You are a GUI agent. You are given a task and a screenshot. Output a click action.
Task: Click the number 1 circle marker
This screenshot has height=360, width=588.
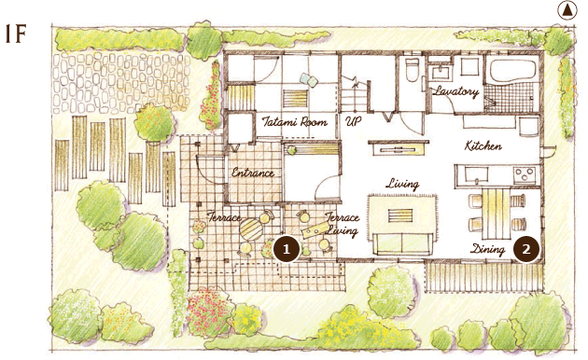click(287, 249)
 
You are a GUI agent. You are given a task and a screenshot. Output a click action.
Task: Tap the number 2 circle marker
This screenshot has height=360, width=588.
click(526, 249)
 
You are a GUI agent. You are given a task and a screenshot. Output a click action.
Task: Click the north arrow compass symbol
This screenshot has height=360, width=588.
click(567, 10)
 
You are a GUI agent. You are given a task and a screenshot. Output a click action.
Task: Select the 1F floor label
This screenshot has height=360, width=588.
click(16, 34)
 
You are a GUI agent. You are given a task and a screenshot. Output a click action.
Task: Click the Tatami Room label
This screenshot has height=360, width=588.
click(294, 122)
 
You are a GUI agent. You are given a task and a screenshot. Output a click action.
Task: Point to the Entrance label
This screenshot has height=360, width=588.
click(253, 173)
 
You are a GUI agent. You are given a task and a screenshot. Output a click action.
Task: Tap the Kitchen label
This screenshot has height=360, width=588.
click(483, 145)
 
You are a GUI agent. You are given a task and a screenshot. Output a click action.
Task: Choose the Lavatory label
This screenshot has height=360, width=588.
click(456, 91)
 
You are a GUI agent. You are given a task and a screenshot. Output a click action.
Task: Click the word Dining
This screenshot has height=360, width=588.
click(487, 250)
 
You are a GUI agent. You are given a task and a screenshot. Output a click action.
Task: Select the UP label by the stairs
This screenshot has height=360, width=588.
click(353, 121)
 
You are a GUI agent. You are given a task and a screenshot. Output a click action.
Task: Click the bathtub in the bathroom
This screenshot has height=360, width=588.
click(512, 70)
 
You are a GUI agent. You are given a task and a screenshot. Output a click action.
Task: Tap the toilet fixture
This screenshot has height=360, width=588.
click(412, 70)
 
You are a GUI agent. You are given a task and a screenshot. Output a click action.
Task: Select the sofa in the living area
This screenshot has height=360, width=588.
click(401, 243)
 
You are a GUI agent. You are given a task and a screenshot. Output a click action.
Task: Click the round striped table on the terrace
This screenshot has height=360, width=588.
click(251, 229)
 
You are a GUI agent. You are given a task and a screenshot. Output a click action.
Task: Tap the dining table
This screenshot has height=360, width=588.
click(496, 214)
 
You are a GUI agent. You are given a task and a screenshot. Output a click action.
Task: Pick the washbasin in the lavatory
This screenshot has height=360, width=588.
click(441, 73)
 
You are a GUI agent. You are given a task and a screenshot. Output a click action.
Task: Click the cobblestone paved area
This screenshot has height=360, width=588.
click(120, 83)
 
